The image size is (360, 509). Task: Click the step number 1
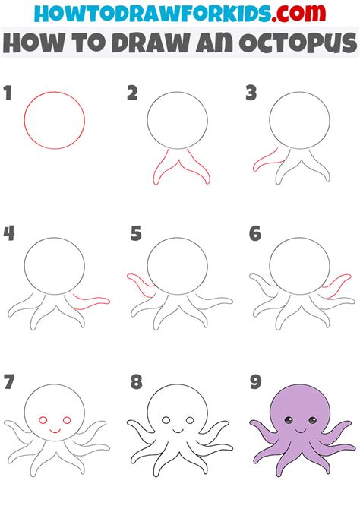(9, 94)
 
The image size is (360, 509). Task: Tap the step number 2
(132, 94)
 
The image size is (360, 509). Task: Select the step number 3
(251, 94)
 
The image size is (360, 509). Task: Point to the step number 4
(9, 233)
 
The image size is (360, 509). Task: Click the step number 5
(135, 234)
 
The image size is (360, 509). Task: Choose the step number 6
(255, 234)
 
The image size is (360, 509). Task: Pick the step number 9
(255, 381)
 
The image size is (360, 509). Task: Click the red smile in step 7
(55, 430)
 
